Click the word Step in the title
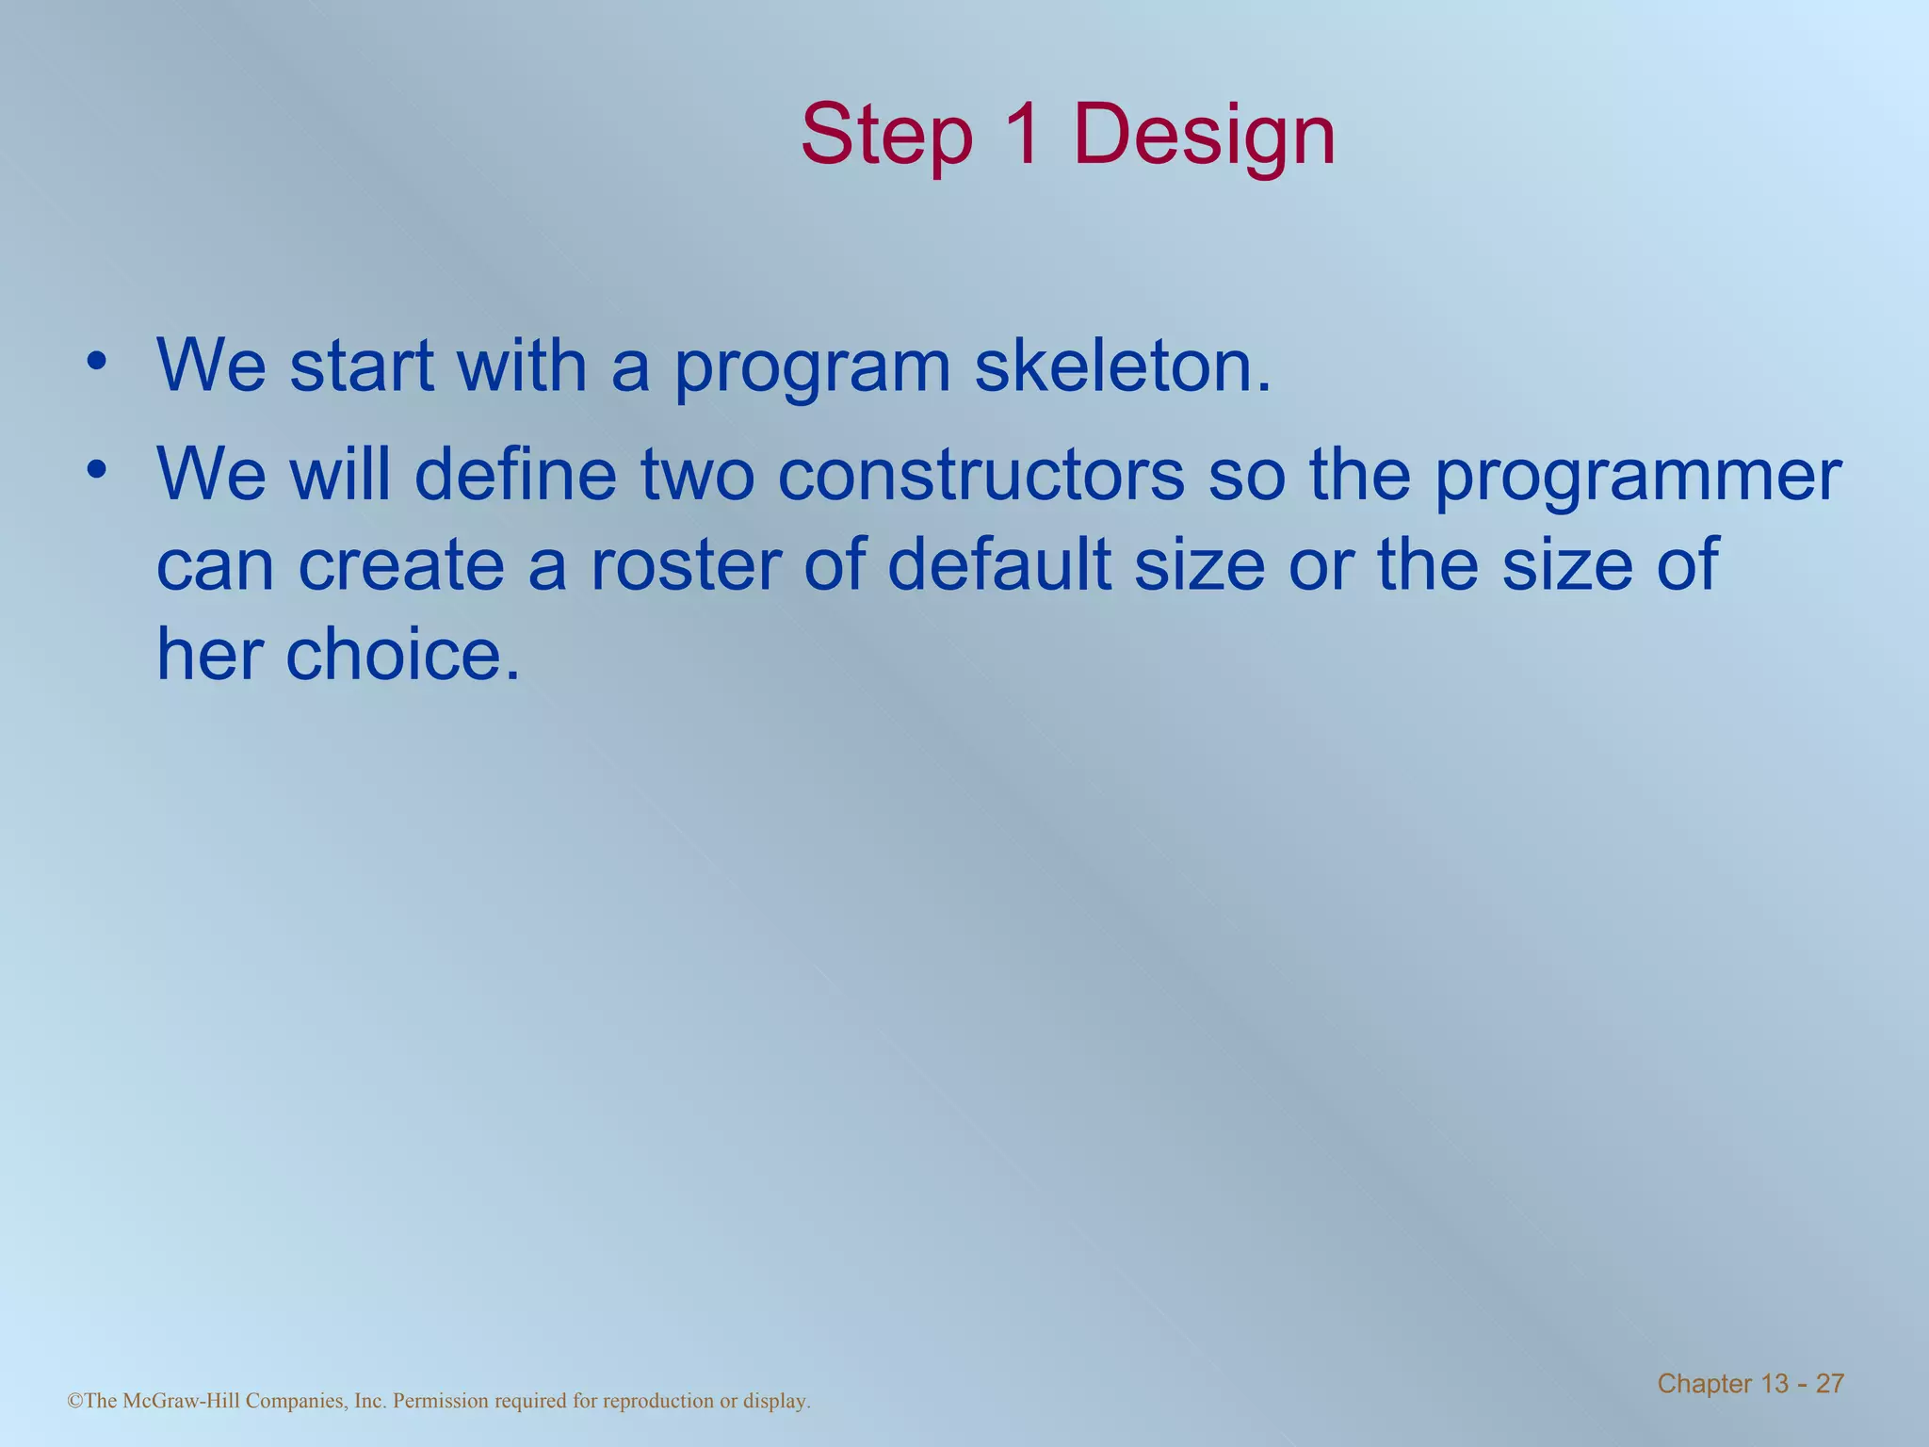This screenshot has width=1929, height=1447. point(886,137)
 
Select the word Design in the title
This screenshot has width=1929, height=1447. point(1204,137)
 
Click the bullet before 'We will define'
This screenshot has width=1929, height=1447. point(95,470)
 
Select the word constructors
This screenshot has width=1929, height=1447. point(981,475)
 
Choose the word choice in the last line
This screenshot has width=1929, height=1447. point(402,654)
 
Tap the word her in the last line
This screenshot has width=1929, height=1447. point(209,654)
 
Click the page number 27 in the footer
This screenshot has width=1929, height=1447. point(1829,1384)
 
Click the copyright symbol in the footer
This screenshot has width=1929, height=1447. point(74,1402)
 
